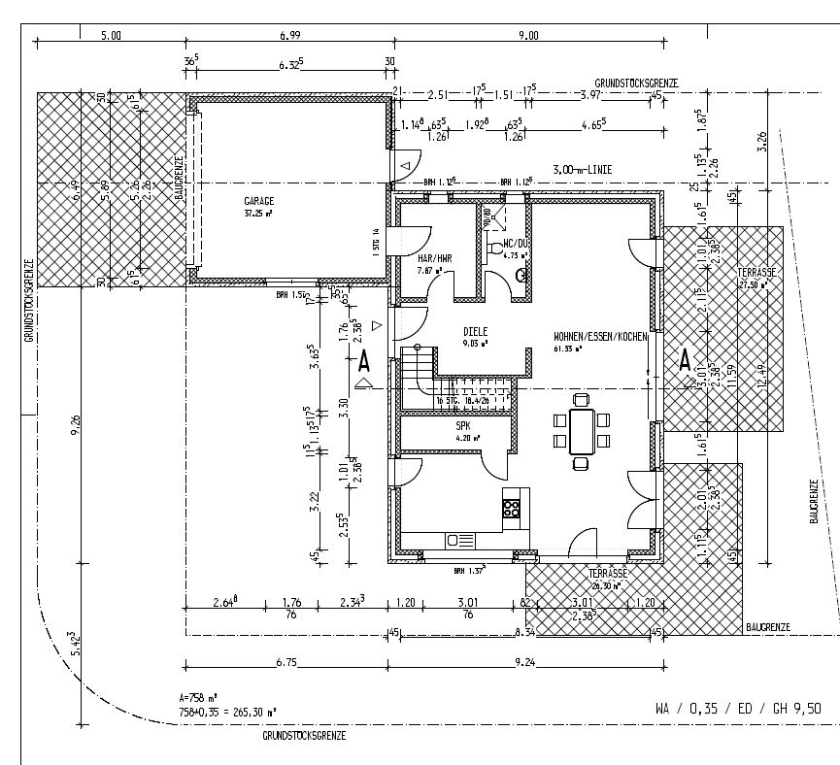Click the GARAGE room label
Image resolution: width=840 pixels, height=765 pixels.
[259, 201]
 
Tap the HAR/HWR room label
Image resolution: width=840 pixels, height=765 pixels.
[434, 258]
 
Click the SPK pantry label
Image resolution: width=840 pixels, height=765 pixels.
[463, 425]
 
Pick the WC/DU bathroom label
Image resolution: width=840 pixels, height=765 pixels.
[515, 245]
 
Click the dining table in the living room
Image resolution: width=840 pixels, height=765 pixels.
[581, 428]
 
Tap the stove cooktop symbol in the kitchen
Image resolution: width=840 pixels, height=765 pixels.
[512, 507]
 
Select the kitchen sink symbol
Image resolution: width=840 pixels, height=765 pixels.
[459, 540]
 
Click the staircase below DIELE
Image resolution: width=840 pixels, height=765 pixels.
[420, 374]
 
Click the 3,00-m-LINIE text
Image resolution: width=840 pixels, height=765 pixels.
[582, 169]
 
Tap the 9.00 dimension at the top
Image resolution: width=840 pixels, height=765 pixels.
[528, 36]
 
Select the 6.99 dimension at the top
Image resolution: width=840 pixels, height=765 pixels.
[289, 36]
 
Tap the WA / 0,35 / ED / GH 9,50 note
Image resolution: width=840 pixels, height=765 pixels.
[744, 709]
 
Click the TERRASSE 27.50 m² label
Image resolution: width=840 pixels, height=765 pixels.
[757, 279]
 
